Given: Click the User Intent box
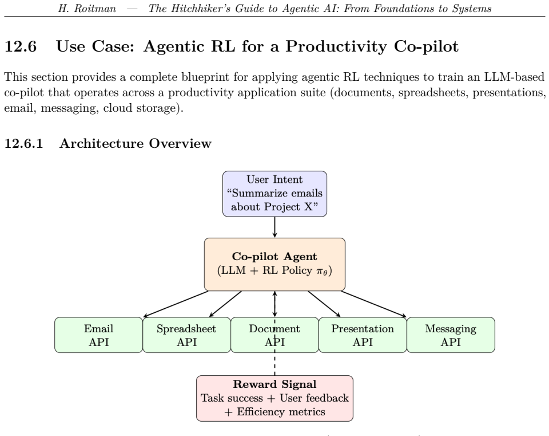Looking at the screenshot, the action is [x=274, y=194].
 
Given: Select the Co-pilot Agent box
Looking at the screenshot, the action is [x=274, y=265].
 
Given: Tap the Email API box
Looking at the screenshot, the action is [x=99, y=335].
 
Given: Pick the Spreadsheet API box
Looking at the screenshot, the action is [x=186, y=335].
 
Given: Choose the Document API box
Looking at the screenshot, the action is [x=275, y=335].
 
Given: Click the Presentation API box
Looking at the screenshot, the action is [x=363, y=335].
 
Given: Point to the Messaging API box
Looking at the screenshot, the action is [x=451, y=335].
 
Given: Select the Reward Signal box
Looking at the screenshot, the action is [x=274, y=398].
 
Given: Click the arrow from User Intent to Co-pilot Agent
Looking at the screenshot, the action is [x=275, y=227].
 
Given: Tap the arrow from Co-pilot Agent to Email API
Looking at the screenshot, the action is [x=176, y=304].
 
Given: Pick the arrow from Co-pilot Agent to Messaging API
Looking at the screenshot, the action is [x=374, y=304].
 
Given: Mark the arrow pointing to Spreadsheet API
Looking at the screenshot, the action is [x=225, y=304].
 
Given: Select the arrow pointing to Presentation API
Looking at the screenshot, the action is [x=324, y=304].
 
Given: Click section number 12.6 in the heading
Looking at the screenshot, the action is [x=21, y=46].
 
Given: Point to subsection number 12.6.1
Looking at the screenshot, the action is [x=23, y=143].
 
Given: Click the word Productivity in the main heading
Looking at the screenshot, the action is [x=336, y=47].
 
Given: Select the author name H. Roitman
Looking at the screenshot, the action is [x=87, y=9].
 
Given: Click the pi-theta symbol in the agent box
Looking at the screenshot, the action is [x=322, y=271].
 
